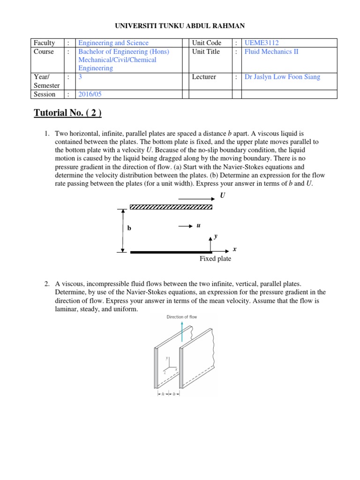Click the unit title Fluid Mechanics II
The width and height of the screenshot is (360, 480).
(x=271, y=52)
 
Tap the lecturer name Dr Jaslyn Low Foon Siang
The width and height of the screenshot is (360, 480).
(x=282, y=77)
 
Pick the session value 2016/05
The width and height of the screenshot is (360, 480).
(x=90, y=94)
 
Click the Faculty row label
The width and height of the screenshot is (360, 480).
(x=44, y=43)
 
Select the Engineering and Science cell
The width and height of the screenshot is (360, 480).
(x=113, y=43)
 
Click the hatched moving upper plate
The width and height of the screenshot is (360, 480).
(x=171, y=206)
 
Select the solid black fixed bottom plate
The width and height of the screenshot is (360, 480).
(x=171, y=252)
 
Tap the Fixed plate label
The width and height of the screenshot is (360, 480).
(x=215, y=259)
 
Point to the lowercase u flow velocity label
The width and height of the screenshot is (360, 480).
(x=198, y=225)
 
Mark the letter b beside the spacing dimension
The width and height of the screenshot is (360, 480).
(x=129, y=228)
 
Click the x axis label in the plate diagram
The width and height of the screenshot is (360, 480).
(x=234, y=249)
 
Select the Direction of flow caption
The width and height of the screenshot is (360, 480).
(x=182, y=317)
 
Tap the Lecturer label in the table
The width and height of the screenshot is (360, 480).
(x=204, y=77)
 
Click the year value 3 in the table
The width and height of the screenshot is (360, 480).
(x=80, y=77)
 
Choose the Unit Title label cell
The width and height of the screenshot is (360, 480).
(x=206, y=52)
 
